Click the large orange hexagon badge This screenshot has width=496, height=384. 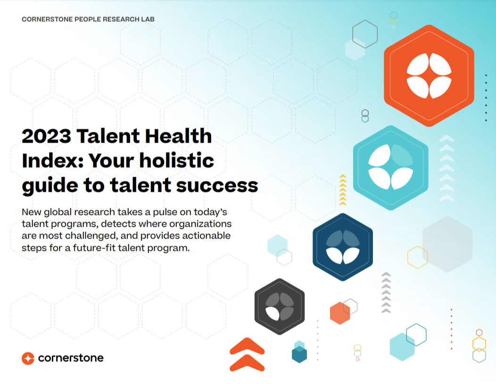[x=429, y=75]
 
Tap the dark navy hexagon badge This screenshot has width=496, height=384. [x=342, y=247]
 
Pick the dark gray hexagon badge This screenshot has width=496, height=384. [x=280, y=307]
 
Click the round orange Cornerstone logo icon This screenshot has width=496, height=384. [x=28, y=358]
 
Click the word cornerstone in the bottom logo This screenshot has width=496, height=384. [x=70, y=358]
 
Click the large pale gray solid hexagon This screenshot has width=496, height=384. [x=447, y=244]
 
